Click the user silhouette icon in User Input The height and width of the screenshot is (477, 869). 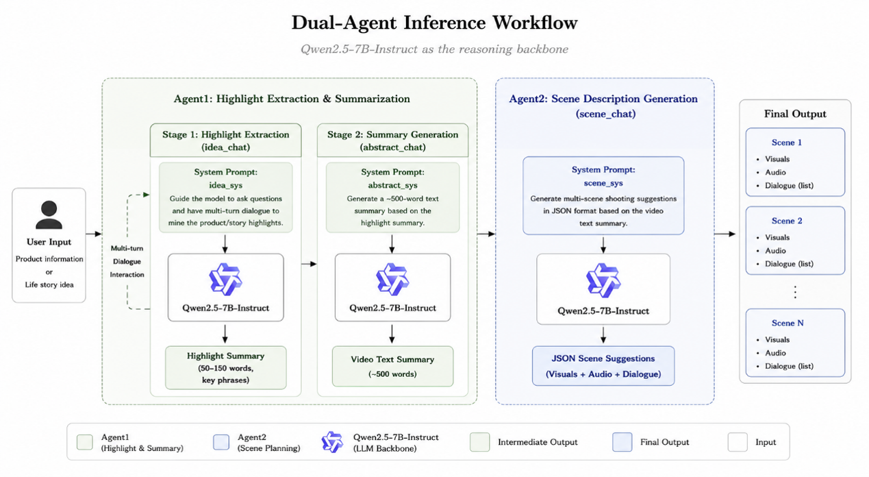(49, 215)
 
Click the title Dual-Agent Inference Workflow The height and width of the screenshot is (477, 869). (434, 23)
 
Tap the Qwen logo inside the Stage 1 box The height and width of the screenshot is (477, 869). (225, 279)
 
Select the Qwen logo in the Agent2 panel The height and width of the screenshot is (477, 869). (603, 280)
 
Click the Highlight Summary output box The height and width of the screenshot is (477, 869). (226, 367)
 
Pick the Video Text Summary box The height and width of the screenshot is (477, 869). (392, 366)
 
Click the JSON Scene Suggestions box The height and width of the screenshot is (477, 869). (603, 365)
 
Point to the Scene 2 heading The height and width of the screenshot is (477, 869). (787, 221)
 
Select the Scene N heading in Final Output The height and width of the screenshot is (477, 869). (788, 323)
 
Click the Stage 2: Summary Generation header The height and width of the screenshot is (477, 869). (392, 140)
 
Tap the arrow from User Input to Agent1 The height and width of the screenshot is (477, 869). (94, 234)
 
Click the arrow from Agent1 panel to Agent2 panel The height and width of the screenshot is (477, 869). (486, 234)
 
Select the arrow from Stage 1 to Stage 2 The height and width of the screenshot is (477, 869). (310, 264)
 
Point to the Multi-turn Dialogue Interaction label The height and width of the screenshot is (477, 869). (127, 261)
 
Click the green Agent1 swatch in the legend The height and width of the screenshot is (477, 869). (85, 442)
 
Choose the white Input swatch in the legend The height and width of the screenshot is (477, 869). (738, 442)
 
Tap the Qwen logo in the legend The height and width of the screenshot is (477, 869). (332, 442)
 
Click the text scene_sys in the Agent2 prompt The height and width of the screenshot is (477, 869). (603, 183)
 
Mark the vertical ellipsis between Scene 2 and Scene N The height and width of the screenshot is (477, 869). (795, 292)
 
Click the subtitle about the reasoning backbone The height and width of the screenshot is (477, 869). (434, 49)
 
